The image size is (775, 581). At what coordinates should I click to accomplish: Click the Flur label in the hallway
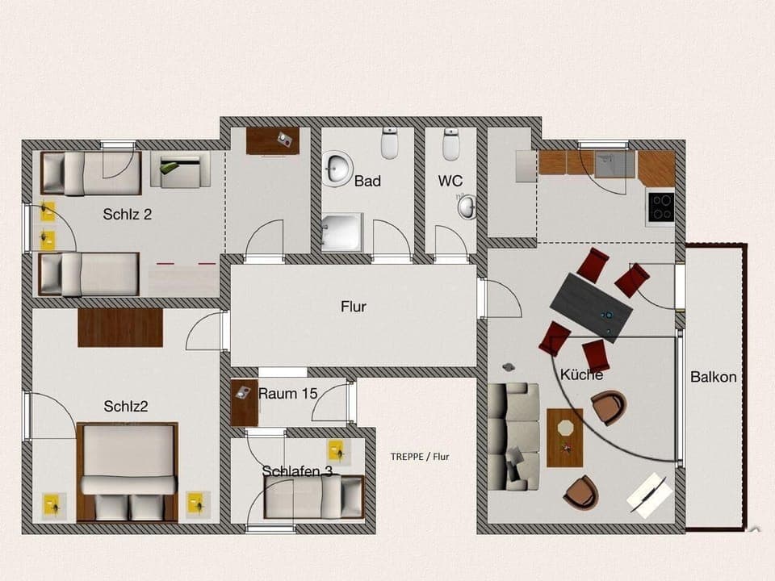[x=354, y=307]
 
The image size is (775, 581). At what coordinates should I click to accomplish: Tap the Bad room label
[x=367, y=182]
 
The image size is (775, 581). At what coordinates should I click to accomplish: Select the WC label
[x=450, y=182]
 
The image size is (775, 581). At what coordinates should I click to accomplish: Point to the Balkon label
[x=713, y=377]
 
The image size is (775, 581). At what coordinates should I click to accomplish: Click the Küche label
[x=581, y=374]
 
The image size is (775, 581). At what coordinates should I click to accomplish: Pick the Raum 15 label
[x=287, y=394]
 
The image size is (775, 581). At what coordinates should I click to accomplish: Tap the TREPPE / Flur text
[x=419, y=457]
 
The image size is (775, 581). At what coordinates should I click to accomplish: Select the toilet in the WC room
[x=451, y=144]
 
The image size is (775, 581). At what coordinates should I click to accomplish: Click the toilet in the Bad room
[x=391, y=144]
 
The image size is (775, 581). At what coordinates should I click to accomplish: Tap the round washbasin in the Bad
[x=337, y=168]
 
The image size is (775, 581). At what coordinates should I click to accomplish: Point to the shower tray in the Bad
[x=342, y=232]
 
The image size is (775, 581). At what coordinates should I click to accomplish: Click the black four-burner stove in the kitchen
[x=660, y=207]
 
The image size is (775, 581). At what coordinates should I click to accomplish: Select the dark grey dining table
[x=592, y=306]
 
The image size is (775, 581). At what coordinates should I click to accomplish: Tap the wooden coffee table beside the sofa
[x=564, y=437]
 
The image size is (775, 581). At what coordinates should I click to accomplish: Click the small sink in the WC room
[x=467, y=207]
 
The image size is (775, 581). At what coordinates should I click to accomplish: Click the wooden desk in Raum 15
[x=244, y=402]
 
